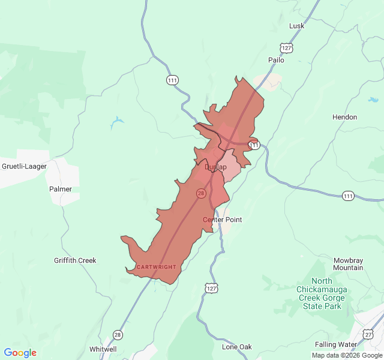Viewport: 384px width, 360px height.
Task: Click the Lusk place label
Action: point(297,26)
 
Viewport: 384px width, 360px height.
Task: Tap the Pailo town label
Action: point(276,60)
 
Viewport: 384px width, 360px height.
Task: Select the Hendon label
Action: point(344,117)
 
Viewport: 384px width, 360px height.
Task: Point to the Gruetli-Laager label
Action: point(24,166)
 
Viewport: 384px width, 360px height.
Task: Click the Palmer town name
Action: point(61,189)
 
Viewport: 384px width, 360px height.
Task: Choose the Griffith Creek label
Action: point(75,260)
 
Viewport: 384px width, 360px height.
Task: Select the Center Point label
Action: point(222,220)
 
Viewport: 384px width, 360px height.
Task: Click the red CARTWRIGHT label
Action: point(156,266)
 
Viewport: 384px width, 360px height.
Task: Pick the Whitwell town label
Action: point(103,349)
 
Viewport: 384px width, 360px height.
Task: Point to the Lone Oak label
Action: point(237,347)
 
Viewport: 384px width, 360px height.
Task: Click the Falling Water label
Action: point(335,344)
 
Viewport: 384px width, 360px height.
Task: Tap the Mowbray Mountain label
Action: point(348,264)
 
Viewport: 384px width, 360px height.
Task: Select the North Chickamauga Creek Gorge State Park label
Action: point(322,293)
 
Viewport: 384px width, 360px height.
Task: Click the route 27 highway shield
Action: point(368,334)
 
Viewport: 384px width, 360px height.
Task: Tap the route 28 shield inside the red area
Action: point(201,193)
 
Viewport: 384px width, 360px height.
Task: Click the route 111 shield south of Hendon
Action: point(349,196)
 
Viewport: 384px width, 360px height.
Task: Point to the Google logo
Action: point(20,353)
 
